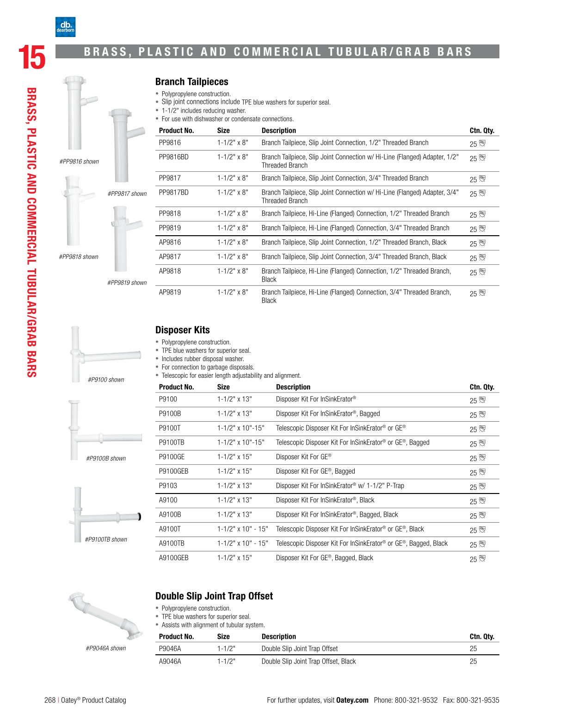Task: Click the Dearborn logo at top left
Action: pos(65,27)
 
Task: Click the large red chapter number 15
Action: pos(31,58)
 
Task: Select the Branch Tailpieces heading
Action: pos(191,82)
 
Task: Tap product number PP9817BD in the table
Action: pos(173,193)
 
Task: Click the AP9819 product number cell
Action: pos(170,292)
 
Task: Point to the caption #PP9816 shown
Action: pos(79,162)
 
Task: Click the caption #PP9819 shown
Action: pos(127,283)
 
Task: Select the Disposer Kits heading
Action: pos(182,330)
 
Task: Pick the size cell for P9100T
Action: pos(240,428)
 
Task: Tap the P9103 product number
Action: pos(168,486)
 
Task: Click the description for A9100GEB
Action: pos(324,558)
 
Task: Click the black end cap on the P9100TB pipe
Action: pos(139,517)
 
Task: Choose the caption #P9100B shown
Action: pos(106,458)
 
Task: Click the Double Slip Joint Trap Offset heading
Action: pos(214,596)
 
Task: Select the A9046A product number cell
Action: pos(170,662)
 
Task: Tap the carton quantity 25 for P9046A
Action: pos(473,649)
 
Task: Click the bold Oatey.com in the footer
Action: pos(352,700)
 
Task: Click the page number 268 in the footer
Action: pos(50,700)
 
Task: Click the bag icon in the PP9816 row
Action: pos(482,144)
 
